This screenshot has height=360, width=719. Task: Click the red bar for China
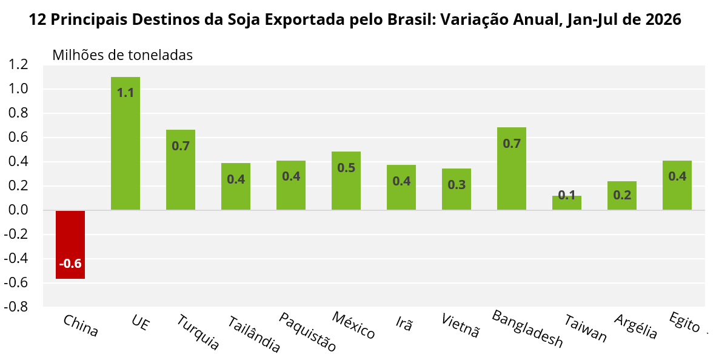tap(70, 244)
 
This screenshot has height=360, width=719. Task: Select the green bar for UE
tap(125, 144)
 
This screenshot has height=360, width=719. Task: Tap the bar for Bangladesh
tap(512, 168)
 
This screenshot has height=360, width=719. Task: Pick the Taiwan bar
tap(567, 202)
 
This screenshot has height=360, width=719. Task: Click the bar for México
tap(346, 181)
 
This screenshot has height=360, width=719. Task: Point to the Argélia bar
tap(622, 196)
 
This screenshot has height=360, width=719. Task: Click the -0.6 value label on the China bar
tap(70, 264)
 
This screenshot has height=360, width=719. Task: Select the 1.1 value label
tap(125, 93)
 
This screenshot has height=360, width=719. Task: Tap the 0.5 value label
tap(346, 168)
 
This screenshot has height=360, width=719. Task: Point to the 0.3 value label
tap(456, 185)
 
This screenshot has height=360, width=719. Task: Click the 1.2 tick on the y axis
tap(18, 65)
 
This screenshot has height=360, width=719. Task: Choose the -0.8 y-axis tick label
tap(16, 307)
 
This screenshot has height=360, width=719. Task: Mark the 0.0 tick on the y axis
tap(18, 210)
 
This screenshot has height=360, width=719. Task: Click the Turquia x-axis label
tap(198, 332)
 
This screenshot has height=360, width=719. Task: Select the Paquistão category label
tap(307, 332)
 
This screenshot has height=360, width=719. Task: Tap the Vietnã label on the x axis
tap(460, 325)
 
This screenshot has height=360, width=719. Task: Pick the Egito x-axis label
tap(684, 322)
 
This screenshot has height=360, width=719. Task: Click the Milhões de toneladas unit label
tap(122, 55)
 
